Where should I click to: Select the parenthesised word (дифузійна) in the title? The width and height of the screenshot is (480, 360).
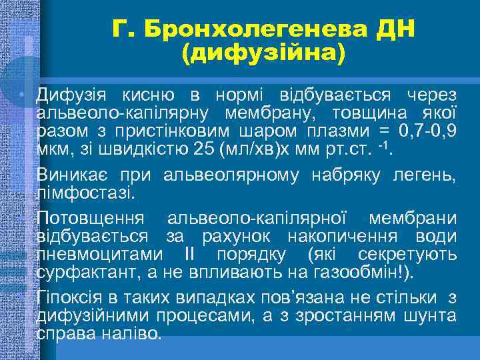coord(263,53)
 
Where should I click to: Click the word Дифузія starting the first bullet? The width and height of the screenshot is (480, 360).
coord(69,97)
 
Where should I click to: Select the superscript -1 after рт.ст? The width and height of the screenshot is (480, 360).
coord(383,141)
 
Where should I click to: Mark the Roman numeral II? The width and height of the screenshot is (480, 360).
coord(188,254)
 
